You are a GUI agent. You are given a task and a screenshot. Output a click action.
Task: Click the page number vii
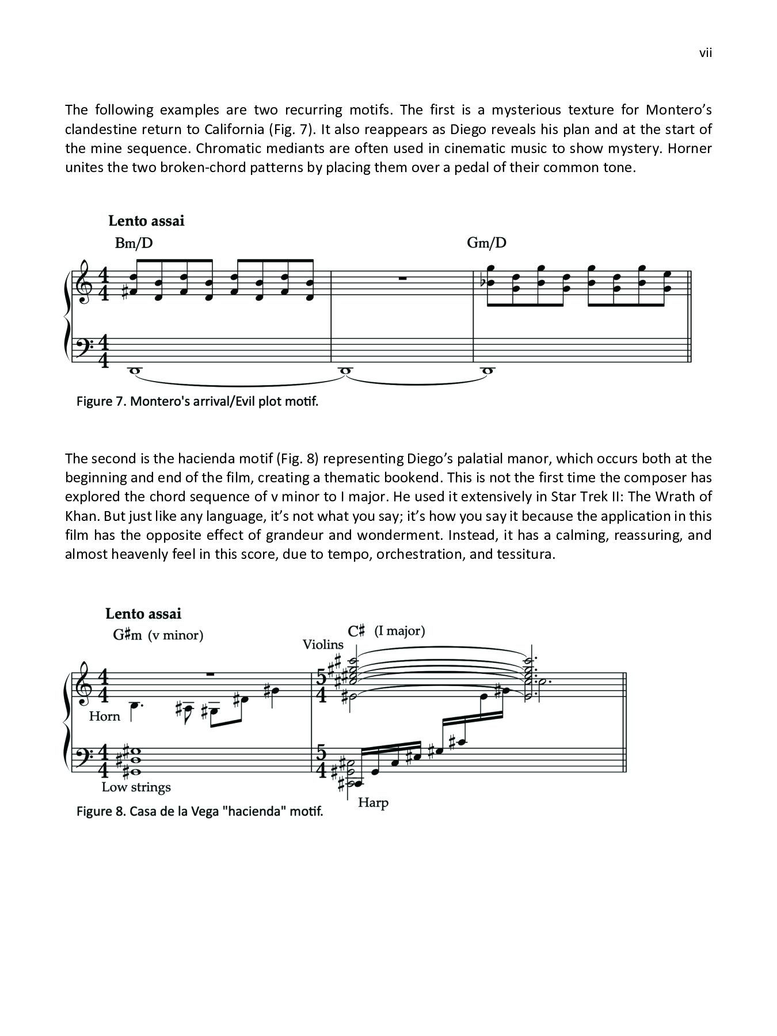706,54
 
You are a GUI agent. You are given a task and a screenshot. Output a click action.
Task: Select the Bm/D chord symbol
134,243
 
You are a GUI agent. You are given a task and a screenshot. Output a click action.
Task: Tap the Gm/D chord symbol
486,243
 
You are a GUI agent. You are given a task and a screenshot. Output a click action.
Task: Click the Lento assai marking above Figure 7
146,221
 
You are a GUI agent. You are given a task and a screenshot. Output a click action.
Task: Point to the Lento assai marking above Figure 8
143,614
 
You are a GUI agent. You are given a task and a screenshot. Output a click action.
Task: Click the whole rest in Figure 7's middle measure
402,278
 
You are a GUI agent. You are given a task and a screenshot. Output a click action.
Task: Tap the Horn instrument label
105,716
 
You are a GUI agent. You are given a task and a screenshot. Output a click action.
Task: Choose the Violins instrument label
323,645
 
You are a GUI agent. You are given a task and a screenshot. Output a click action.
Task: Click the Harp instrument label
373,802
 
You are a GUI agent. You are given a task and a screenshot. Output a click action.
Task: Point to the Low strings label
136,787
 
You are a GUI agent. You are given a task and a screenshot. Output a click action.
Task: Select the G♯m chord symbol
127,635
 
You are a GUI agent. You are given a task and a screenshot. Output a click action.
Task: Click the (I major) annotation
399,631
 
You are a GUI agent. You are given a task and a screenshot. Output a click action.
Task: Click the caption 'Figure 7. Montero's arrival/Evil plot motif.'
197,401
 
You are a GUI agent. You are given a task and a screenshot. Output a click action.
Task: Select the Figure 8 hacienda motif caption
200,812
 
